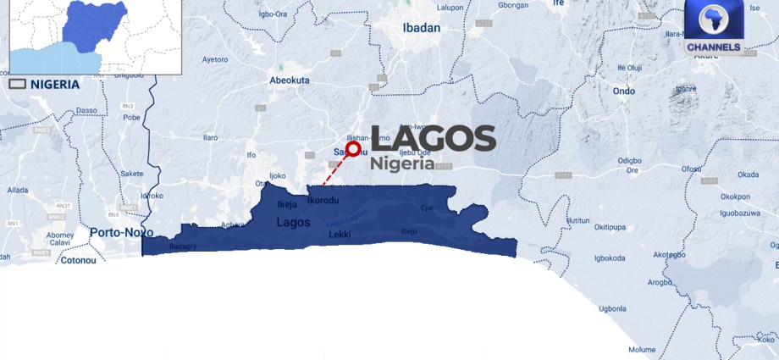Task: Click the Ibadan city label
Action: [x=421, y=28]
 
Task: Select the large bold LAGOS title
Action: [x=434, y=138]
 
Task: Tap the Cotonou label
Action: [x=81, y=260]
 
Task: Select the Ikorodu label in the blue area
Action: [x=322, y=201]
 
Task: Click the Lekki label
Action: [x=339, y=232]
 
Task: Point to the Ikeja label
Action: [x=287, y=203]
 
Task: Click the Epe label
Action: [x=425, y=207]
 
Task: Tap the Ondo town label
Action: [x=623, y=91]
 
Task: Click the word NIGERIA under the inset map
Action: [x=55, y=84]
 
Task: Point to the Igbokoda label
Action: [x=610, y=258]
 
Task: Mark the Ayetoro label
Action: [x=215, y=60]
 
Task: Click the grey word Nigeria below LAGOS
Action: [x=407, y=163]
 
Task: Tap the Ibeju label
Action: [x=409, y=231]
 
